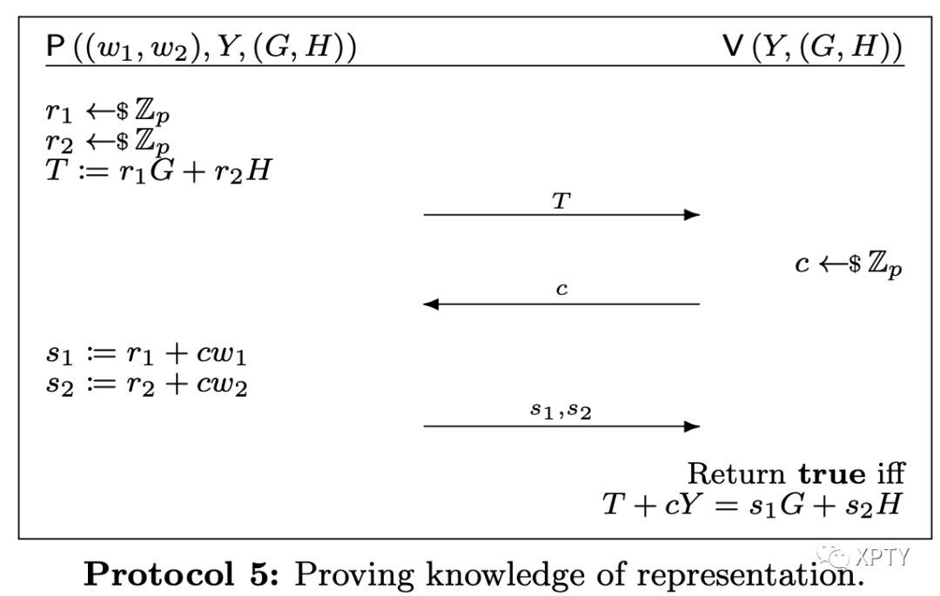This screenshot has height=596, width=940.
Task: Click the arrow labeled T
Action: pos(561,215)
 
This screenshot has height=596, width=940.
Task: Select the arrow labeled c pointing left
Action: pos(561,305)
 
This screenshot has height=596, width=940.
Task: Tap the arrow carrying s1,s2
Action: pos(561,426)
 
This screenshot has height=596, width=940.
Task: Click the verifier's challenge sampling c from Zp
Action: pos(848,265)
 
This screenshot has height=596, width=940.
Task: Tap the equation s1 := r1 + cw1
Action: pos(146,357)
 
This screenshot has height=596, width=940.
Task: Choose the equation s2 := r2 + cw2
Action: pos(146,384)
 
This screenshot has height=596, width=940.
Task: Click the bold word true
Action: pos(831,474)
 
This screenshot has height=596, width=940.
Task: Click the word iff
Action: pos(889,474)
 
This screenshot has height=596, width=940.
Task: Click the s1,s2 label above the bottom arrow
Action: pos(561,410)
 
